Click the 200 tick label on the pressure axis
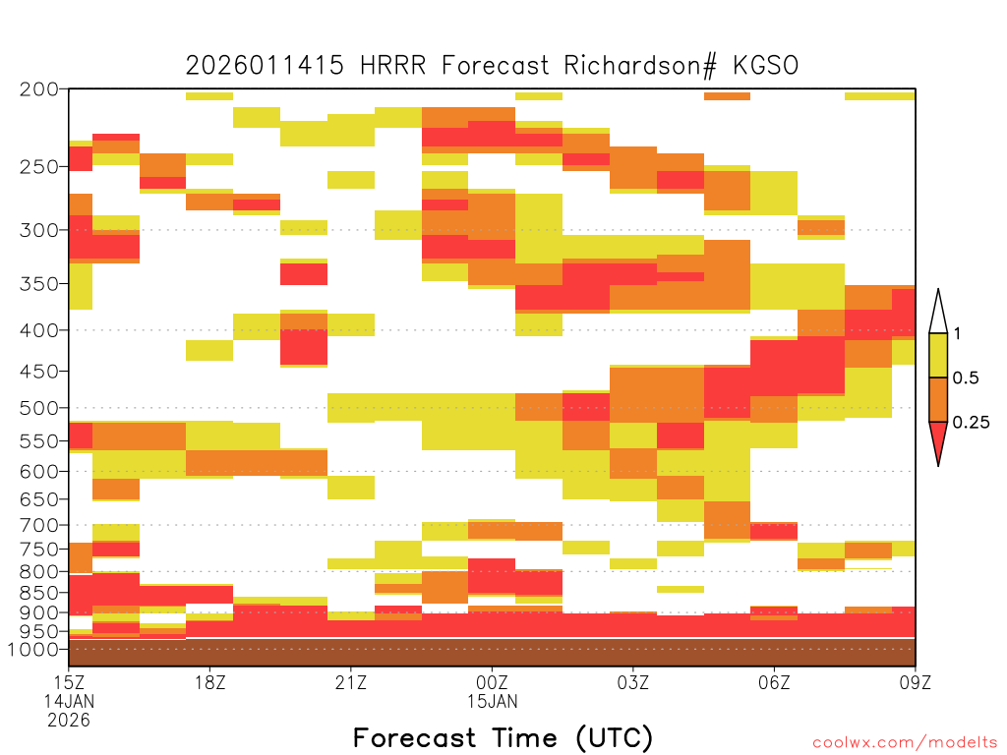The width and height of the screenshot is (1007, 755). (38, 89)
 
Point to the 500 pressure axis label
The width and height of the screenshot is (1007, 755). (38, 408)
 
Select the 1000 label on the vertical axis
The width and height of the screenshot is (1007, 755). (32, 650)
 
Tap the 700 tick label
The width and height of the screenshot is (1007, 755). (38, 526)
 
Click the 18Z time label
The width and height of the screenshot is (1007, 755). (210, 682)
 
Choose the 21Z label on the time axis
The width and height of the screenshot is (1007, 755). (351, 682)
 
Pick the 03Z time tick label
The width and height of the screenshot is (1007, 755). (632, 682)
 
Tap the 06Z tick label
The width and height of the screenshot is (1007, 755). (774, 682)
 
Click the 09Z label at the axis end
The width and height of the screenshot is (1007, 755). (916, 682)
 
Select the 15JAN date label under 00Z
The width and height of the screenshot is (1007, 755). (492, 701)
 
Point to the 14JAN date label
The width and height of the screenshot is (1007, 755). (69, 701)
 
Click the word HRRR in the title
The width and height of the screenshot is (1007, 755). (393, 66)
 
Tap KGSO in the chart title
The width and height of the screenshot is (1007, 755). (765, 66)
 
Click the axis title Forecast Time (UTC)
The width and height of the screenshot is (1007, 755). (503, 737)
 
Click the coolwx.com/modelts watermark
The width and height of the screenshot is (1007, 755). (905, 743)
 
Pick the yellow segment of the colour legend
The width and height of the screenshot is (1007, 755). (938, 355)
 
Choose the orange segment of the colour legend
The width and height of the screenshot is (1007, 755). (938, 399)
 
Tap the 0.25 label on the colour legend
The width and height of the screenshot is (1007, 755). (971, 423)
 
